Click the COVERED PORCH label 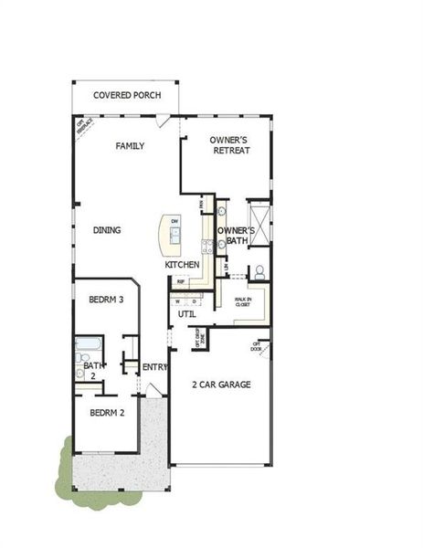(126, 95)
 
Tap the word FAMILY (131, 146)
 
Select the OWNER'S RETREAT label (230, 145)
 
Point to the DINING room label (107, 230)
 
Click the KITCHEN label (182, 265)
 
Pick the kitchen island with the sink (172, 235)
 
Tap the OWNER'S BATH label (234, 236)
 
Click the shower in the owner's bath (259, 221)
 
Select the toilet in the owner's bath (259, 272)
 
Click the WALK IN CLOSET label (242, 302)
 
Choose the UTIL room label (186, 313)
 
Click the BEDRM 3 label (106, 299)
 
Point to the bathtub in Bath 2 (90, 346)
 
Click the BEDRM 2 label (107, 412)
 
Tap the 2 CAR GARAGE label (221, 385)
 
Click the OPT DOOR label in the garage (256, 348)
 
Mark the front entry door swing (155, 390)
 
